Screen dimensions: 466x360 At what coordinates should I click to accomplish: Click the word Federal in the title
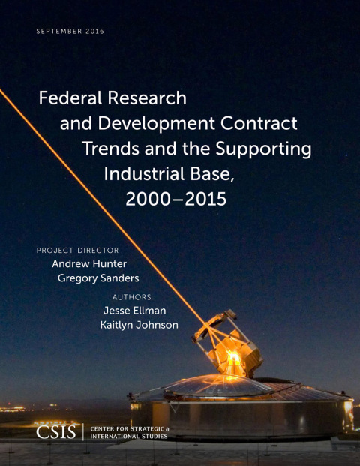69,98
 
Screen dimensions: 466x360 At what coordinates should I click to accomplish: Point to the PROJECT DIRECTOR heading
77,250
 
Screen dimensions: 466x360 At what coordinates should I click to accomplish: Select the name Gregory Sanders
98,278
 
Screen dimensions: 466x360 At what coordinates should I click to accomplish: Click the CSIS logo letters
57,433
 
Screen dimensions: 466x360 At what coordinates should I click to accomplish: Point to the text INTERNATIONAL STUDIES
130,437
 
